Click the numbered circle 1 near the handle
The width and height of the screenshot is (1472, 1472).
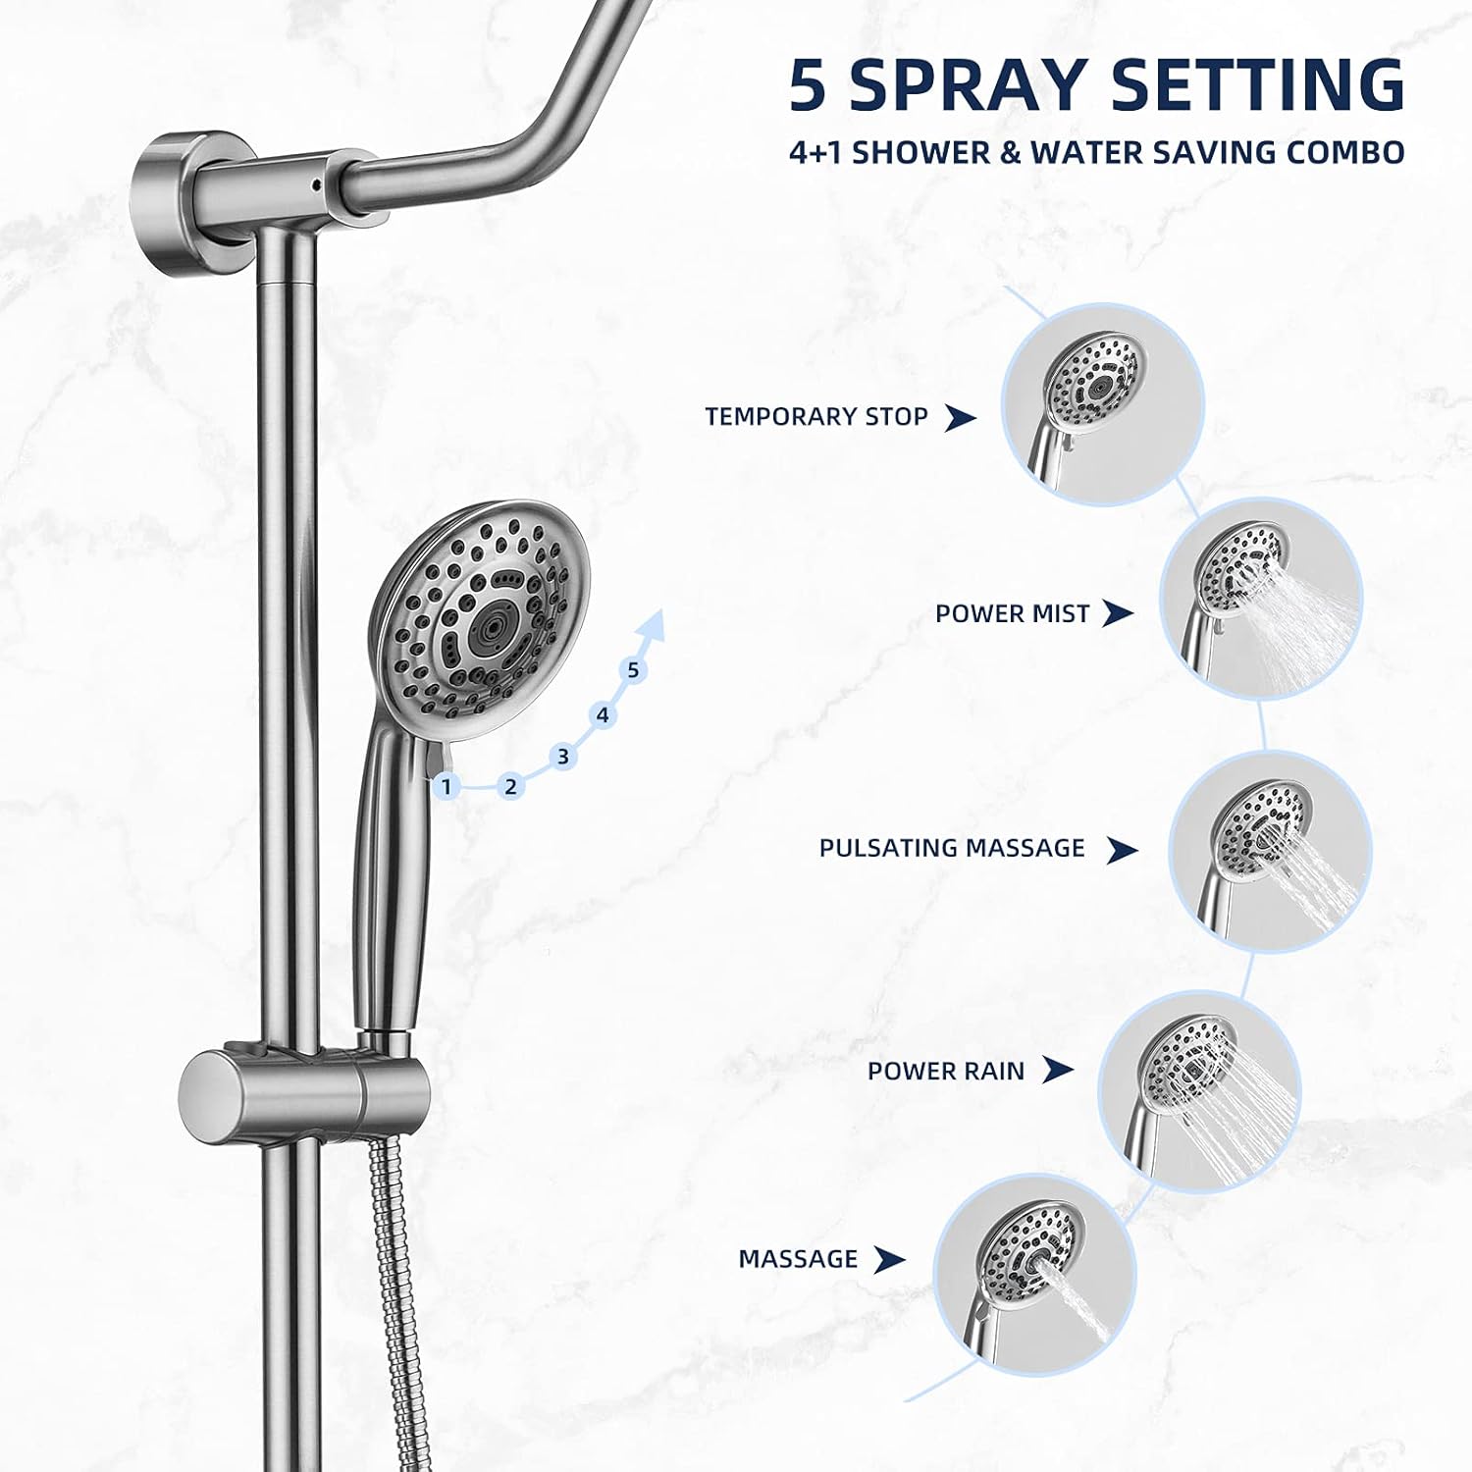click(447, 786)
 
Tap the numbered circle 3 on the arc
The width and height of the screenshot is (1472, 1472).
click(562, 757)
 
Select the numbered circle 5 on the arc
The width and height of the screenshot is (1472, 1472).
click(633, 670)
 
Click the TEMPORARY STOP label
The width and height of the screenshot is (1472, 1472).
click(815, 417)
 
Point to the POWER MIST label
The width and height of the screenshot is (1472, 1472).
click(1012, 614)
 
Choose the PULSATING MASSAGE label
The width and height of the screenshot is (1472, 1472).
click(952, 849)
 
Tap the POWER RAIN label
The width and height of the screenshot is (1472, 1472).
click(945, 1071)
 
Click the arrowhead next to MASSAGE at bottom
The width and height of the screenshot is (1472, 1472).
click(888, 1259)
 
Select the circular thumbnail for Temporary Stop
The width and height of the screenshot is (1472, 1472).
click(1102, 404)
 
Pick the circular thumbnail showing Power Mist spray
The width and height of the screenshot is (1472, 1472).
click(1261, 599)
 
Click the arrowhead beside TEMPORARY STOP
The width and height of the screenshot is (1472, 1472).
click(959, 418)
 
